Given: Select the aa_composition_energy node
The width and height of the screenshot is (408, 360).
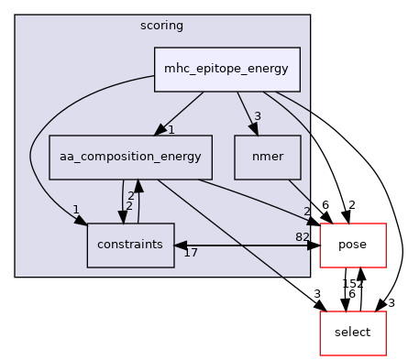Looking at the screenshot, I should pyautogui.click(x=130, y=158).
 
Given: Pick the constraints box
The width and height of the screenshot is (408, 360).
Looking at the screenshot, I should pyautogui.click(x=130, y=245).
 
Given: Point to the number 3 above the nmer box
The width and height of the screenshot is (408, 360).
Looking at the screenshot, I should pyautogui.click(x=258, y=115).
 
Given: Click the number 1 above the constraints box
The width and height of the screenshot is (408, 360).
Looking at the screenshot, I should pyautogui.click(x=75, y=210).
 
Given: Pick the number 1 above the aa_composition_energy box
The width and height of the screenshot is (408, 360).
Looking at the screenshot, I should pyautogui.click(x=171, y=129).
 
